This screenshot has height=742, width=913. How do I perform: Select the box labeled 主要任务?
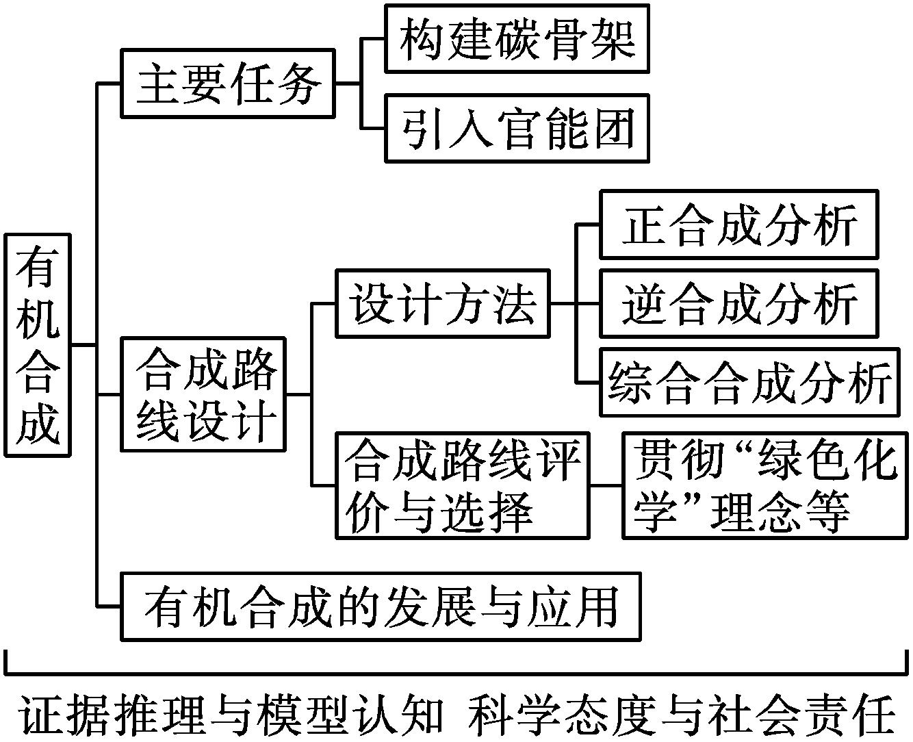(x=227, y=84)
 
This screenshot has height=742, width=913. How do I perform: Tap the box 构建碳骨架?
(x=517, y=38)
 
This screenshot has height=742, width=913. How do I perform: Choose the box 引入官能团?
(x=517, y=129)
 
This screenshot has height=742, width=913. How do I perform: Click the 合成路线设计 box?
(x=203, y=394)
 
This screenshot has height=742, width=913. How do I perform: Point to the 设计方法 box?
(x=443, y=303)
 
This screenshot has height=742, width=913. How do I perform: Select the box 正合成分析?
(x=738, y=225)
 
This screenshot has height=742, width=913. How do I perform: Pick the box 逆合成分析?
(x=738, y=303)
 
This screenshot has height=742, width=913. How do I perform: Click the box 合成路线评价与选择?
(x=462, y=485)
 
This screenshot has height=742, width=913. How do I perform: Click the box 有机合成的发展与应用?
(x=381, y=606)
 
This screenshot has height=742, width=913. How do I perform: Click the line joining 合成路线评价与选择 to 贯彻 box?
(x=605, y=485)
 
